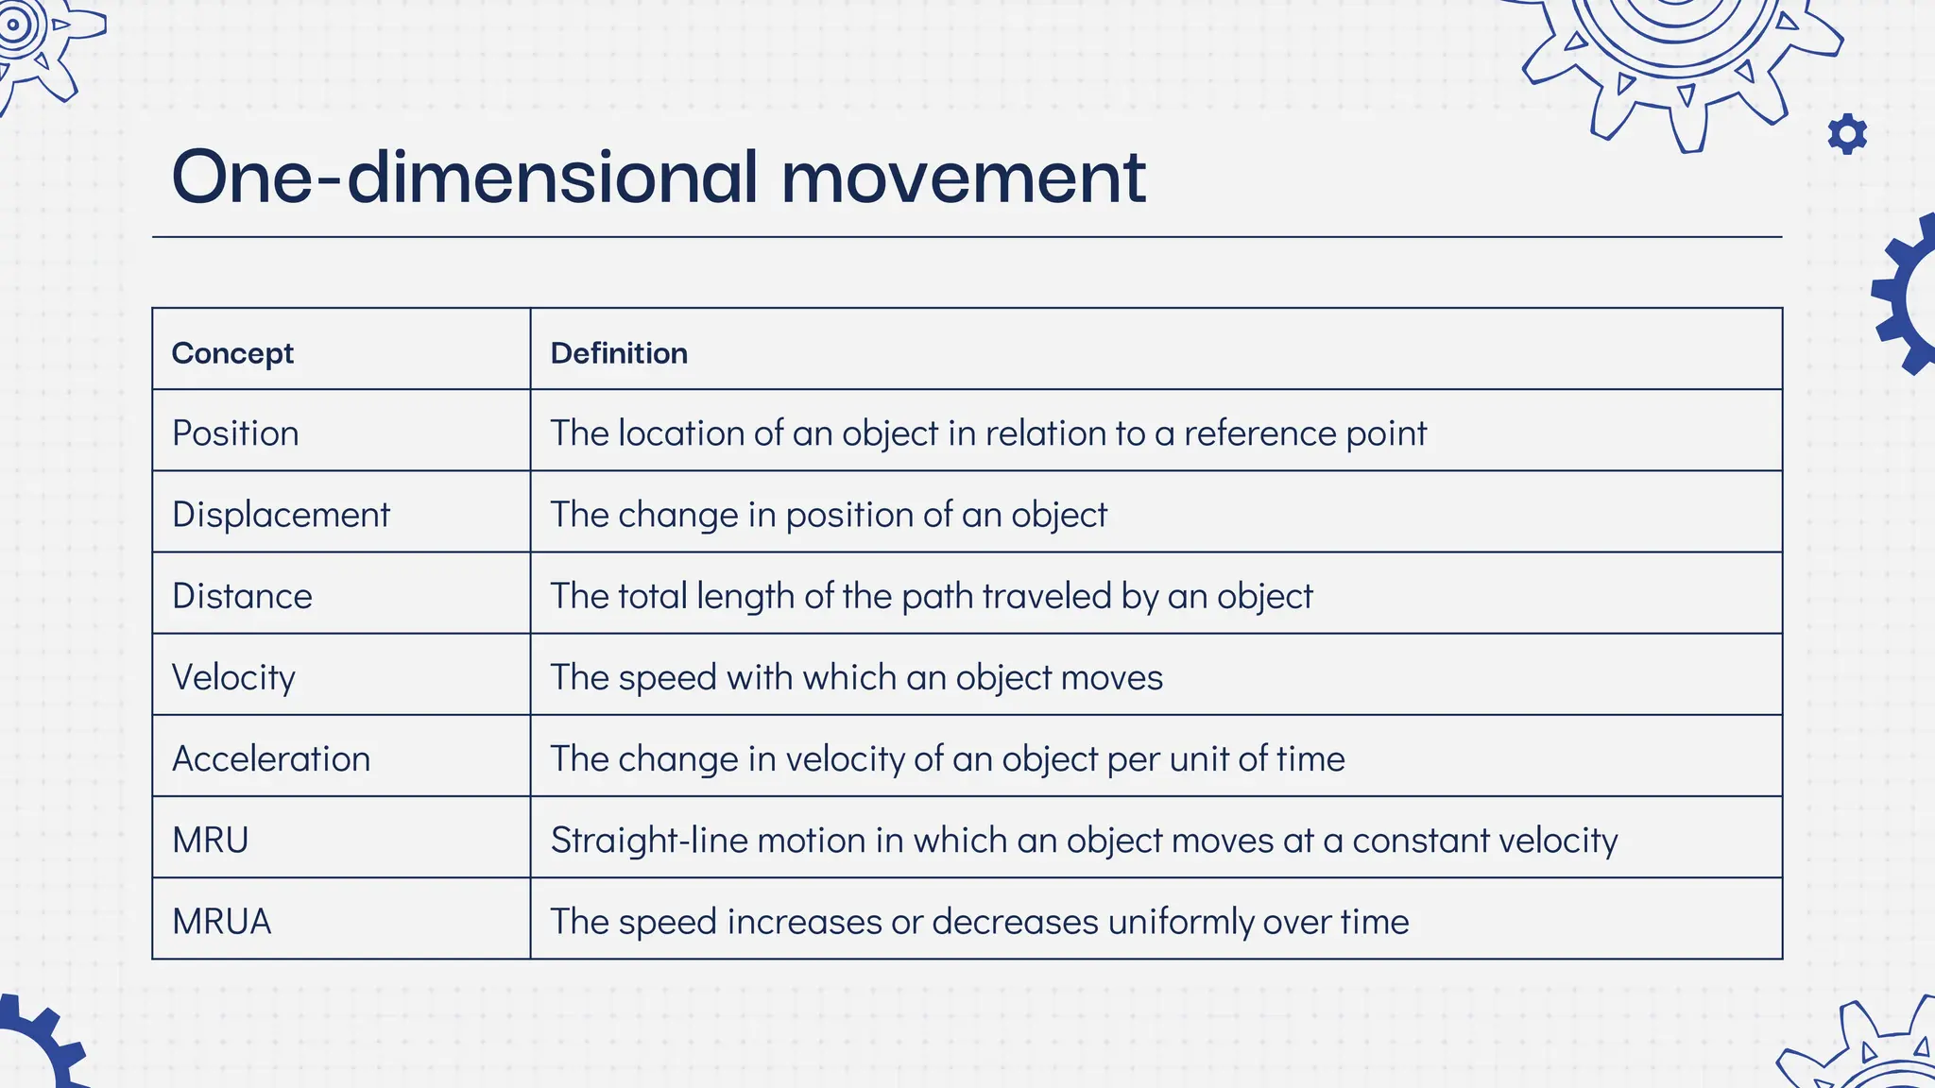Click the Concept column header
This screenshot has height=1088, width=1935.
point(232,353)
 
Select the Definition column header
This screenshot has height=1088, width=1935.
point(619,353)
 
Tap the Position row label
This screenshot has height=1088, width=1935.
point(235,433)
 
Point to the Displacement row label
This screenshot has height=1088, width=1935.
point(281,515)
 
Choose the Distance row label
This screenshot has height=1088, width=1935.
point(242,596)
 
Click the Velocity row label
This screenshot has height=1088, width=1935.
point(233,677)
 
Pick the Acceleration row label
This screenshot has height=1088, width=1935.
point(271,758)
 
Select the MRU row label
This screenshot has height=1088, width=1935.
point(210,840)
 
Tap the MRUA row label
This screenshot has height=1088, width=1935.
point(221,921)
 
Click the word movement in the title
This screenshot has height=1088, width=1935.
point(963,177)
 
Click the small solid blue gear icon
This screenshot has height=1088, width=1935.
point(1847,134)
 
